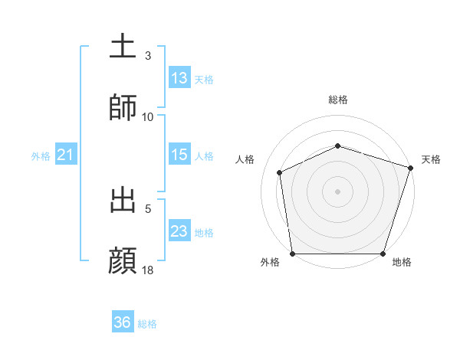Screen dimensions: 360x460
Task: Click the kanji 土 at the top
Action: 123,46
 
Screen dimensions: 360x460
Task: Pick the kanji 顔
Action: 123,260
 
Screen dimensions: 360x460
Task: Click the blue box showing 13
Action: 179,78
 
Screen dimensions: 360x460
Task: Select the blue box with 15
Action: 179,155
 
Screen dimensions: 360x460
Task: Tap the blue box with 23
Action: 179,231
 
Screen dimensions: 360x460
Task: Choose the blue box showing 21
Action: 65,155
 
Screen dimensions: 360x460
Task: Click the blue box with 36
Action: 123,322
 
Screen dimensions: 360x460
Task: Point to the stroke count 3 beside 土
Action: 148,56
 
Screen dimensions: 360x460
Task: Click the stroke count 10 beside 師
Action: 148,116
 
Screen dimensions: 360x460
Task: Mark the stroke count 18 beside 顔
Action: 148,270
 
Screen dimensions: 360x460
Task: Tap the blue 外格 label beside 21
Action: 41,155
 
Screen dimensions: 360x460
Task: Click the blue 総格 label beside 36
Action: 147,323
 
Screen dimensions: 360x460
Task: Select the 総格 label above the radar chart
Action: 337,100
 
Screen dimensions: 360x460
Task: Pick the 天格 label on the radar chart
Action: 431,159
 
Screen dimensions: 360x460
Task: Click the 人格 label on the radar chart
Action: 245,159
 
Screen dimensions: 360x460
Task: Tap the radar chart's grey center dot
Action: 337,191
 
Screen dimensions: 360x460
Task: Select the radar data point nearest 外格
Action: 293,253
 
